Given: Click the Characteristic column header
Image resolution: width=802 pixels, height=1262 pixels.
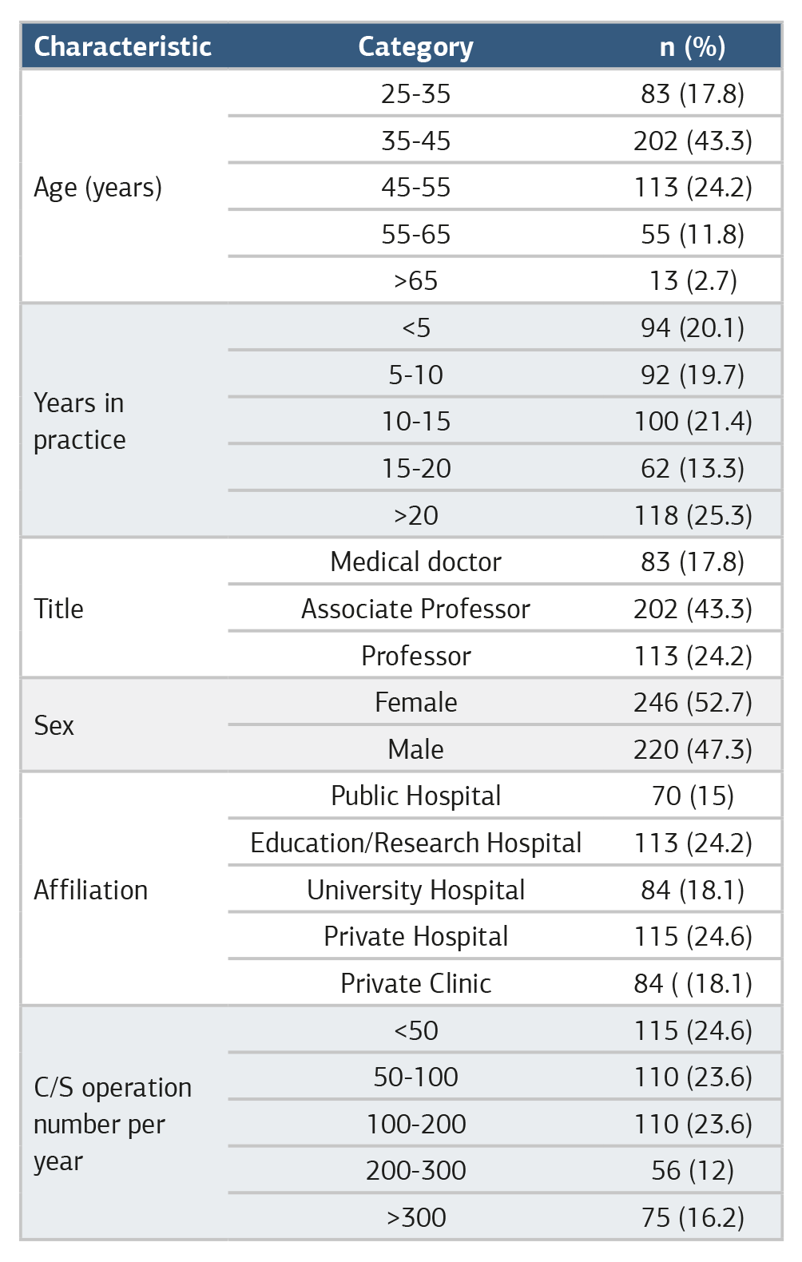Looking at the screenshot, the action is (122, 47).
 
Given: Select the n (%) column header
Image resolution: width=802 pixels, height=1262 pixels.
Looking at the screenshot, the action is (693, 47).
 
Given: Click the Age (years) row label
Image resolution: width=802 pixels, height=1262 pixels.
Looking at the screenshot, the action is (97, 188).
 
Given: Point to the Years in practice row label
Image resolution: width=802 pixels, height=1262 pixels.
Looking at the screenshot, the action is (79, 422).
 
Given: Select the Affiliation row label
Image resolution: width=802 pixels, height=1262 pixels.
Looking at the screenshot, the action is (91, 890).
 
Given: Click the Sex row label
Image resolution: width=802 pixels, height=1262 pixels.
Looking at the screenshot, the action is (54, 725).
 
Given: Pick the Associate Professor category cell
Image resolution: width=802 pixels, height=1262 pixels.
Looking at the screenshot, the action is (416, 609).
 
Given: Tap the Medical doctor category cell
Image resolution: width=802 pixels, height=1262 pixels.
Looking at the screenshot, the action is (416, 562).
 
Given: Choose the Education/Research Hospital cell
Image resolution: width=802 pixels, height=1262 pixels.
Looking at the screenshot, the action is (416, 843).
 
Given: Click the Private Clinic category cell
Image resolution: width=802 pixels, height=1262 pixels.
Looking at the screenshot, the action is (416, 984).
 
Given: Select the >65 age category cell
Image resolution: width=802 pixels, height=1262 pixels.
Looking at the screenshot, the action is (416, 281).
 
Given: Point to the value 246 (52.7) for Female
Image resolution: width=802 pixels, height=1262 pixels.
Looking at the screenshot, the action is (693, 703).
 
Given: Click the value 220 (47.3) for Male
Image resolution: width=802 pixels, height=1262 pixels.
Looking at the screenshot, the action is (693, 750).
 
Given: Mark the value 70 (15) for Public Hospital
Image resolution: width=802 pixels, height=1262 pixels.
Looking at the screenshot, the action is (693, 796).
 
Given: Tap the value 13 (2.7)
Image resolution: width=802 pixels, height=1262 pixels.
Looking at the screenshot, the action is (693, 281).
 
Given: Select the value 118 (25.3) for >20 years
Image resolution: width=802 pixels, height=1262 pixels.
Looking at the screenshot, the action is (693, 515).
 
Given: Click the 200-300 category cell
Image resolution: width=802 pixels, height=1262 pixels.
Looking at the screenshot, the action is (416, 1171).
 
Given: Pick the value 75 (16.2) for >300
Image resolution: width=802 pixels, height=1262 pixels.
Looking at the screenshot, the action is (693, 1218).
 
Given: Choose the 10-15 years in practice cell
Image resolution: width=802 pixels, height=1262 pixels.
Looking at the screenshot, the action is (416, 422).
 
